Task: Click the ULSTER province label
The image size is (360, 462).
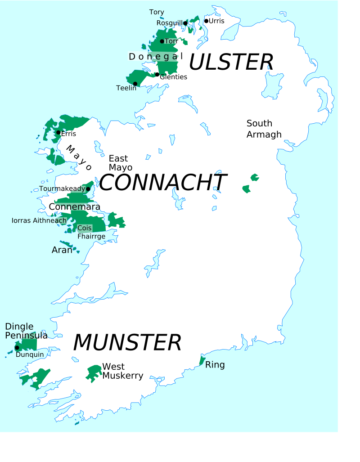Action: coord(231,62)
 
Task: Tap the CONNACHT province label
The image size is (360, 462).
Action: coord(162,183)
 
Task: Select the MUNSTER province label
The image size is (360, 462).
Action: coord(127,343)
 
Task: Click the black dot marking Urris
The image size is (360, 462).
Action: coord(206,21)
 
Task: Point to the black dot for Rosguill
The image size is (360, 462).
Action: coord(185,23)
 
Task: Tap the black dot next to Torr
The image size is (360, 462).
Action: coord(162,41)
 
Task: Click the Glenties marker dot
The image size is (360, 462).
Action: coord(157,75)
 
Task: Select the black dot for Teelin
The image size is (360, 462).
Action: coord(135,84)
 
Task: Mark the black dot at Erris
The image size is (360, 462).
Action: coord(58,132)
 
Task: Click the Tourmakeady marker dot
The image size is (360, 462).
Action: coord(88,189)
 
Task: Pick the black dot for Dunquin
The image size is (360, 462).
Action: coord(17,348)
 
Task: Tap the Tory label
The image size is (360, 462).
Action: coord(157,12)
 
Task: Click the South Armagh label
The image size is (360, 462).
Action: coord(264,129)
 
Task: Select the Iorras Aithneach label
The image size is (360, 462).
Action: coord(39,220)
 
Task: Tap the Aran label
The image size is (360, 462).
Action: coord(62,250)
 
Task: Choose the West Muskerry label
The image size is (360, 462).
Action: coord(122,371)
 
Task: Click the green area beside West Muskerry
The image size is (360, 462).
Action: coord(94,373)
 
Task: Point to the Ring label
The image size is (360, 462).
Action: coord(215,365)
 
